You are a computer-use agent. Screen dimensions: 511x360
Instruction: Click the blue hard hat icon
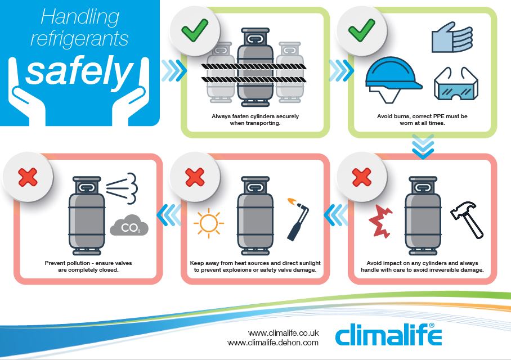click(x=393, y=78)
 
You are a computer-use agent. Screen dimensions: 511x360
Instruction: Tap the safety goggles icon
click(x=456, y=84)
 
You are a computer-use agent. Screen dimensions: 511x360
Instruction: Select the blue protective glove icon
click(x=452, y=38)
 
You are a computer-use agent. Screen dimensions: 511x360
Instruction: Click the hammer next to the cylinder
click(x=467, y=219)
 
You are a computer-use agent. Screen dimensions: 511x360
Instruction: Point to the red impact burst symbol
click(x=380, y=221)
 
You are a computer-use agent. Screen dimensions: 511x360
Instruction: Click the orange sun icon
click(x=209, y=223)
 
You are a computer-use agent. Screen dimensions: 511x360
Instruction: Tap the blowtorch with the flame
click(x=298, y=219)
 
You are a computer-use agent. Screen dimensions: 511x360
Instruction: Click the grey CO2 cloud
click(x=129, y=226)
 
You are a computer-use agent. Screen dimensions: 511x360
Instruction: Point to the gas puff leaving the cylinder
click(x=123, y=188)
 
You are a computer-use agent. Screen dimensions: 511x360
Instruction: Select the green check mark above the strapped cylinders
click(x=195, y=30)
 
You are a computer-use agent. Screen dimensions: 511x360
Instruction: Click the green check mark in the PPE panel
click(x=361, y=30)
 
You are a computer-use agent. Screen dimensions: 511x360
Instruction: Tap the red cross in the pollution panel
click(x=28, y=177)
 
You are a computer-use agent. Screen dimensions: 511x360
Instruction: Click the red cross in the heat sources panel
click(x=195, y=177)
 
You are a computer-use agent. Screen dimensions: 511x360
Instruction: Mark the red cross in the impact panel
click(x=361, y=177)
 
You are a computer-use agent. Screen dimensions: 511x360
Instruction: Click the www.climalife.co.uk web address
click(x=283, y=333)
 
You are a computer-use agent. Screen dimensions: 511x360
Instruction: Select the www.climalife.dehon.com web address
click(x=273, y=343)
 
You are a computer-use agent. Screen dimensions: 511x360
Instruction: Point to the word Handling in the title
click(x=80, y=17)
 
